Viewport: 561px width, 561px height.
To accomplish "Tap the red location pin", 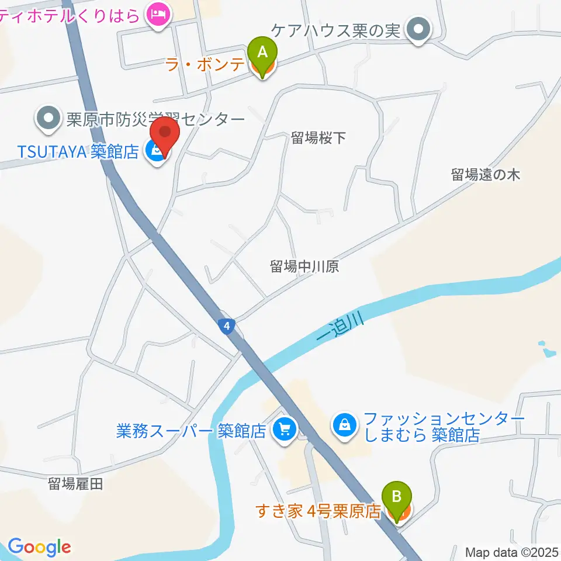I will [164, 136].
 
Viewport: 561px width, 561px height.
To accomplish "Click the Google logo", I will [39, 547].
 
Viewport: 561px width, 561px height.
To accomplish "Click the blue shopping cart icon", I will [285, 431].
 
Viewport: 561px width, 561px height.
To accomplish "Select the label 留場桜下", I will [318, 138].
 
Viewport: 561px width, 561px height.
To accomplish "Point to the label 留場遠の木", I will [485, 174].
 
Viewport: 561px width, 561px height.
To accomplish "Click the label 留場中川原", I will [304, 266].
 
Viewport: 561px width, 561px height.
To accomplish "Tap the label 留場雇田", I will [75, 483].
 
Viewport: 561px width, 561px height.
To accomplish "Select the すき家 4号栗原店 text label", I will [318, 511].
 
